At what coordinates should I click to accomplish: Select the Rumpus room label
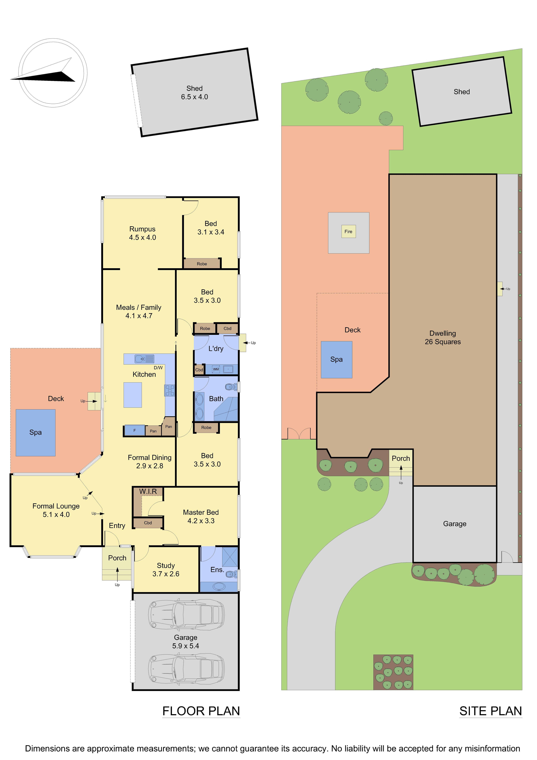tap(142, 229)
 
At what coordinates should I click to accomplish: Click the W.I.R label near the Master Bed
tap(148, 492)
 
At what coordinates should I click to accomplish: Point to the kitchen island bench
tap(133, 395)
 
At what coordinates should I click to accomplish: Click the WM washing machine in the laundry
tap(216, 369)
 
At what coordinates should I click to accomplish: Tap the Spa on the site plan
tap(336, 359)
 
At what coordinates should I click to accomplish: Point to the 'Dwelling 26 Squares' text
tap(443, 338)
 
